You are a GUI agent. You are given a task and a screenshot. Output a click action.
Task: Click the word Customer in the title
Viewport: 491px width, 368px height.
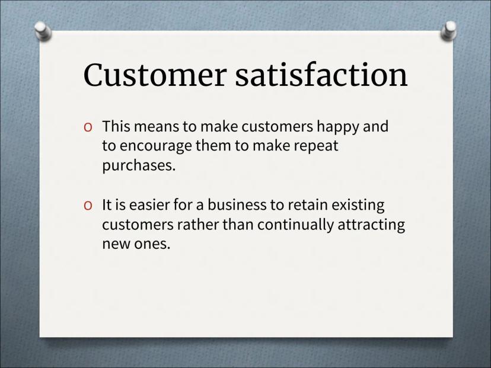(x=154, y=75)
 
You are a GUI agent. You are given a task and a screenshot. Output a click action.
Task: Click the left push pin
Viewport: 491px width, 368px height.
(x=43, y=31)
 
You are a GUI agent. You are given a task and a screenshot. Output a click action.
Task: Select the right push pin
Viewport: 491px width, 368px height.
(x=448, y=30)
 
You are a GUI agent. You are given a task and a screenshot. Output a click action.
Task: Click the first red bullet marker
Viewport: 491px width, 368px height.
(x=88, y=127)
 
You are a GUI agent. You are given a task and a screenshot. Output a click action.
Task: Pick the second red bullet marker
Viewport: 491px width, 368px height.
(x=88, y=206)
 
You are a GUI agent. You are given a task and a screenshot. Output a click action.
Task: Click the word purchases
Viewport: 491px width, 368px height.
(x=139, y=166)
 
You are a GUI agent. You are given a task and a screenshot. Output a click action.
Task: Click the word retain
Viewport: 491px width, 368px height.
(x=308, y=205)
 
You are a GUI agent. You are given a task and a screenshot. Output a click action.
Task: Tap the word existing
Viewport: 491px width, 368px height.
(x=358, y=206)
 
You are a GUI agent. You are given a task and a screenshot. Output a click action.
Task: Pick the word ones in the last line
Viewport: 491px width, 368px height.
(x=152, y=244)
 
